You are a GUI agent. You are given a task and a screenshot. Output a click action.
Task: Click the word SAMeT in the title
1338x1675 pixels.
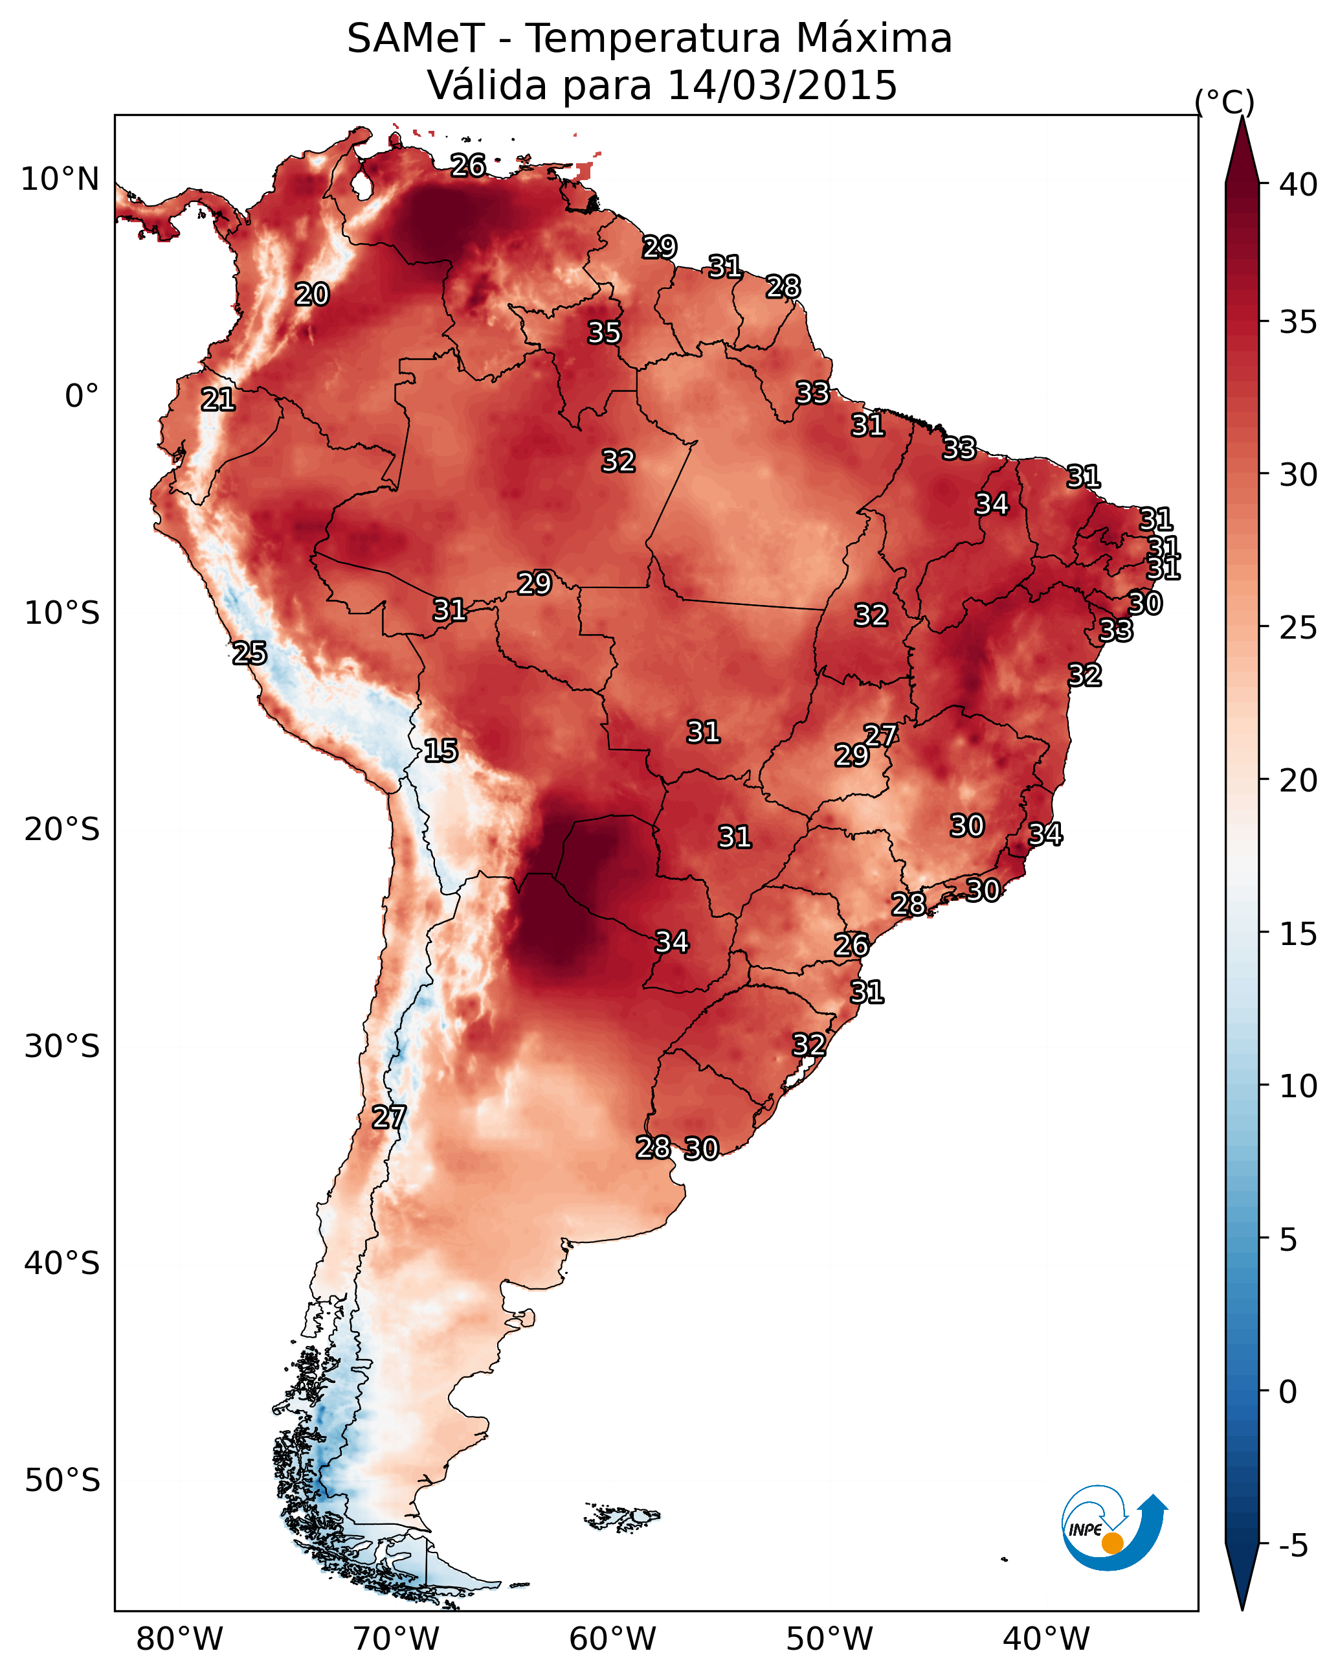pos(416,38)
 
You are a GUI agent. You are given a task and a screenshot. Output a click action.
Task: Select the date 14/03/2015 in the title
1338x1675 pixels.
pos(782,85)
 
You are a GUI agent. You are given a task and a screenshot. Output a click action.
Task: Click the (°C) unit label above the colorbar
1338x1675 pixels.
pos(1225,102)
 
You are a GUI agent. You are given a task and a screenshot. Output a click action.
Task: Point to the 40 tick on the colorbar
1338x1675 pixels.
pos(1299,185)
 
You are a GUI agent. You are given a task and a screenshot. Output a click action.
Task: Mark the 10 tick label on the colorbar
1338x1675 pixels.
pos(1299,1086)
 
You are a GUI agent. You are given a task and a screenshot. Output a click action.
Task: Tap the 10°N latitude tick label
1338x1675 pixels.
pos(60,179)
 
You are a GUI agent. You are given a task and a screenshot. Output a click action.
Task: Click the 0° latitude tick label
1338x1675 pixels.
pos(82,396)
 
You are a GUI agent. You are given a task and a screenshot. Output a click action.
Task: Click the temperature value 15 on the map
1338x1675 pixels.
pos(441,751)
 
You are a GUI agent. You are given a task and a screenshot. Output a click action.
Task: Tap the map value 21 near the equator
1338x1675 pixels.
pos(218,400)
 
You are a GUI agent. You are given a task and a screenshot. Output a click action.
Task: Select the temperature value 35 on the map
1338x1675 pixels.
pos(604,332)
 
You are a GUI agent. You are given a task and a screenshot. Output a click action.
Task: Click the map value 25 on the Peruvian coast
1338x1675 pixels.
pos(250,654)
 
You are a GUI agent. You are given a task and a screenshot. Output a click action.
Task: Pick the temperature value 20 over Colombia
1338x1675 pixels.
pos(312,295)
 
